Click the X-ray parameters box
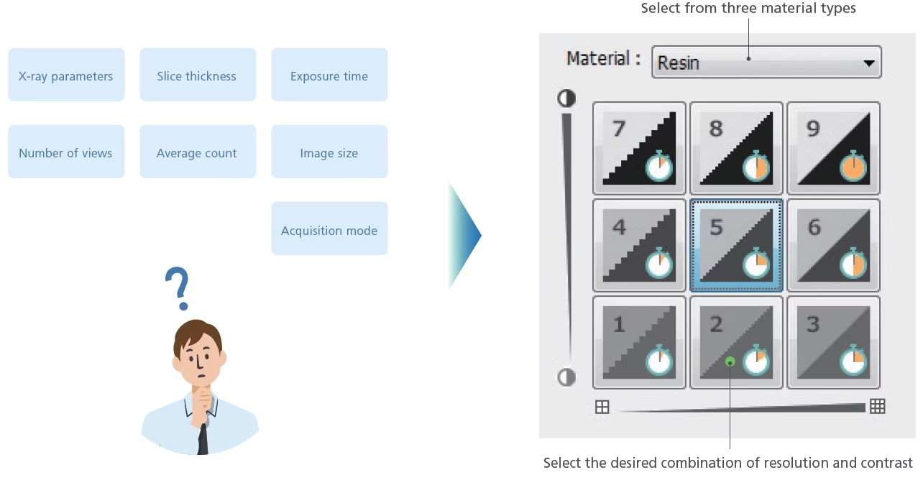(x=66, y=75)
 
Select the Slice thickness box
(x=197, y=75)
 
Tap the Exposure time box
(x=329, y=75)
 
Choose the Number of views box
(x=66, y=152)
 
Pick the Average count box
(x=197, y=152)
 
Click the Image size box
(x=329, y=152)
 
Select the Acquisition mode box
(x=329, y=229)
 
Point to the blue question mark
(x=177, y=287)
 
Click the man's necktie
(x=203, y=435)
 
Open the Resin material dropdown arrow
(x=868, y=63)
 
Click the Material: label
(x=603, y=59)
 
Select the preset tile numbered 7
(x=638, y=148)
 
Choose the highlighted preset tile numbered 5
(x=736, y=245)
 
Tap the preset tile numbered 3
(x=833, y=342)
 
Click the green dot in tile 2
(x=730, y=361)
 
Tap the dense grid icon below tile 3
(x=877, y=407)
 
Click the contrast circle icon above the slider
(x=566, y=98)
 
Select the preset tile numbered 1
(x=638, y=342)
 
